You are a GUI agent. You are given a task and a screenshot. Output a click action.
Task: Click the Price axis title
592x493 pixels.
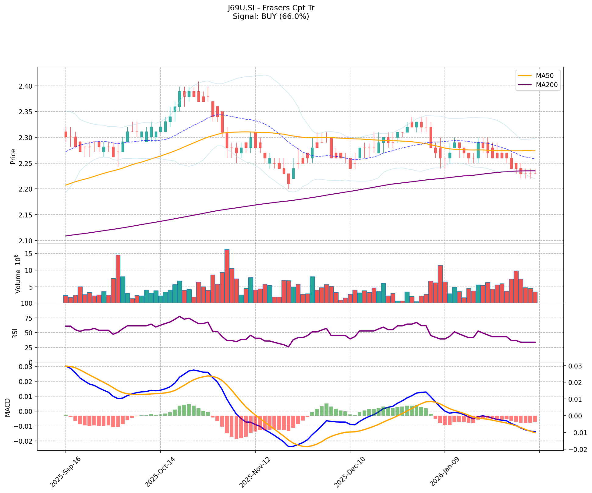pyautogui.click(x=13, y=157)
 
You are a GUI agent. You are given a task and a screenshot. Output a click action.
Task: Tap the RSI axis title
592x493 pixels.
pyautogui.click(x=14, y=333)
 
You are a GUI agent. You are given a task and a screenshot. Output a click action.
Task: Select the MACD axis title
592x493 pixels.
pyautogui.click(x=8, y=407)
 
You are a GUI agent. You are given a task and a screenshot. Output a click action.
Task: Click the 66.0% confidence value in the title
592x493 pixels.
pyautogui.click(x=294, y=16)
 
